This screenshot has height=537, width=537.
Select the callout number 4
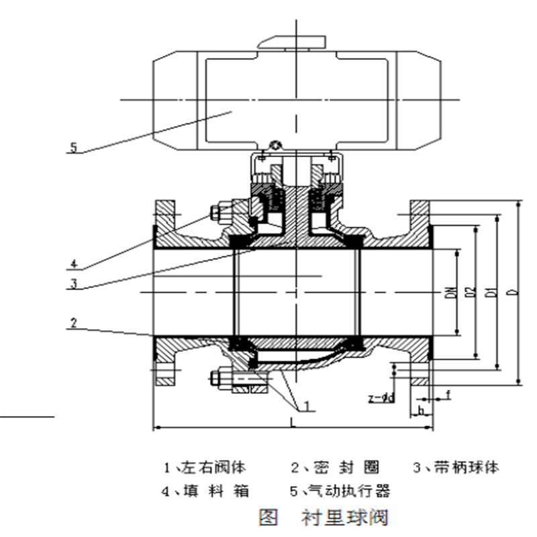74,262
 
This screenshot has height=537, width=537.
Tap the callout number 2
74,323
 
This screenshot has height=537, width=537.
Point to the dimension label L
293,421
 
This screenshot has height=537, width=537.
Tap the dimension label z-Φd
381,397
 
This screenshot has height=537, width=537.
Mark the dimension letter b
421,409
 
